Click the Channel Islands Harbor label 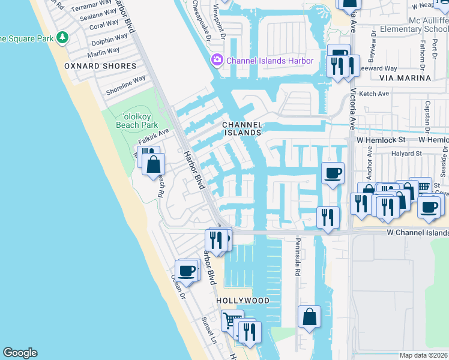[x=270, y=61]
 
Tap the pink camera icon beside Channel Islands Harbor [x=216, y=61]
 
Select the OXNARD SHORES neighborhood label [x=92, y=66]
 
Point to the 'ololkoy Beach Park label [x=139, y=121]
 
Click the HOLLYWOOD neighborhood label [x=243, y=300]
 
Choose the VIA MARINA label [x=405, y=78]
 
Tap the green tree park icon [x=62, y=38]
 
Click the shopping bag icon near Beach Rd [x=154, y=163]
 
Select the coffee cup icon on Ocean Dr [x=187, y=271]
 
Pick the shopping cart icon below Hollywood [x=232, y=319]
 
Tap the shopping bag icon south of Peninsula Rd [x=309, y=317]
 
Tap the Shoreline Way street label [x=125, y=85]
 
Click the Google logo [x=20, y=353]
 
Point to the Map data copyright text [x=423, y=355]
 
